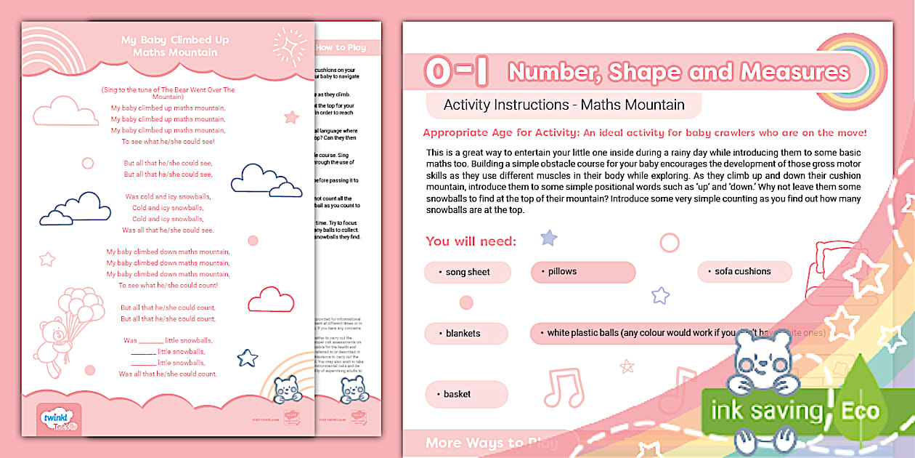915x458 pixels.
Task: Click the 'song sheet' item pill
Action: pos(467,273)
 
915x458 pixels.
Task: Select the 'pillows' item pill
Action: pos(583,272)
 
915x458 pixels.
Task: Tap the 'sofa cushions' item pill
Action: pos(742,272)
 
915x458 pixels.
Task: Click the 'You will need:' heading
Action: pos(471,241)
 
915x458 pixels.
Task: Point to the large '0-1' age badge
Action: pos(457,71)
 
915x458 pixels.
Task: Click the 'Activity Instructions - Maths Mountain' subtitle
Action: pos(564,105)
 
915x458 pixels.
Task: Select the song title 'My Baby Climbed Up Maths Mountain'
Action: pos(175,46)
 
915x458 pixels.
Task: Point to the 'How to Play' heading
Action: pos(341,48)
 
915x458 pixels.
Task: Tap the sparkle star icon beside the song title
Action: pos(289,46)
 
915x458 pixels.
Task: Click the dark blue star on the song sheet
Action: pos(248,358)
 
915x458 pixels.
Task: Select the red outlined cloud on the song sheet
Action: pos(271,300)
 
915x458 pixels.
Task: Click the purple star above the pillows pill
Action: pos(549,238)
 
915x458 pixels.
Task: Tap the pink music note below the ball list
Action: pos(563,387)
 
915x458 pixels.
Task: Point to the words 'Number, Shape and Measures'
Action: pos(678,72)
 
